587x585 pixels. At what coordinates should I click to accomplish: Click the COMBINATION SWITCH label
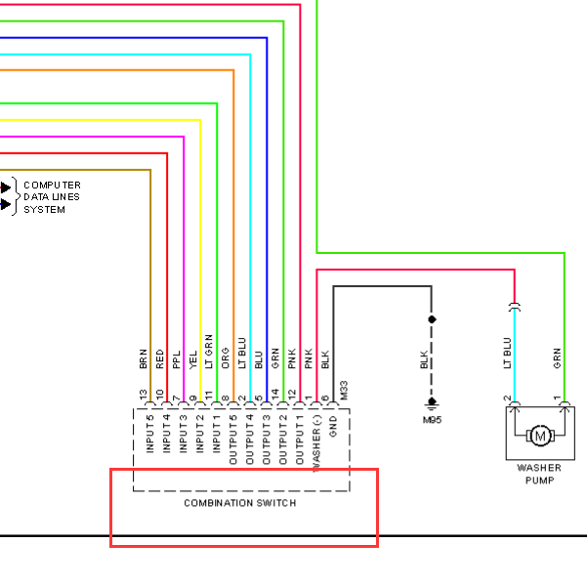pyautogui.click(x=240, y=503)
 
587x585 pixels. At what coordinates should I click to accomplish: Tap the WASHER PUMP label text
pyautogui.click(x=539, y=474)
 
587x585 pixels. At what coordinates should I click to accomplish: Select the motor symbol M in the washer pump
pyautogui.click(x=540, y=436)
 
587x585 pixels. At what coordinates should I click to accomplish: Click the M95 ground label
pyautogui.click(x=432, y=420)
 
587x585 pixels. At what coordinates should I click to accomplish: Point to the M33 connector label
pyautogui.click(x=344, y=391)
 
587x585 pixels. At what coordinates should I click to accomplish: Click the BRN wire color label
pyautogui.click(x=143, y=359)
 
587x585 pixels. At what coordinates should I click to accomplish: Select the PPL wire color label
pyautogui.click(x=177, y=359)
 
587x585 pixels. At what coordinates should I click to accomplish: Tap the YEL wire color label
pyautogui.click(x=192, y=359)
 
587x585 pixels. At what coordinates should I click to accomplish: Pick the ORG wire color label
pyautogui.click(x=226, y=358)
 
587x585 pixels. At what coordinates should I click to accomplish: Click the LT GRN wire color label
pyautogui.click(x=209, y=352)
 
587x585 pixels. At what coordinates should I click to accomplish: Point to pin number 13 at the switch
pyautogui.click(x=143, y=395)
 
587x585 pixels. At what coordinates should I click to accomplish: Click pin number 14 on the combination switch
pyautogui.click(x=275, y=394)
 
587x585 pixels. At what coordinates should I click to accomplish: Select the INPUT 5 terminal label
pyautogui.click(x=149, y=434)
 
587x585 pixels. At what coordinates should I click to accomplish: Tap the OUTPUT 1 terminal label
pyautogui.click(x=299, y=439)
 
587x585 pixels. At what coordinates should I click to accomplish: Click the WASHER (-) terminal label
pyautogui.click(x=316, y=443)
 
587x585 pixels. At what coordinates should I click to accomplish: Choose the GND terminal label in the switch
pyautogui.click(x=333, y=427)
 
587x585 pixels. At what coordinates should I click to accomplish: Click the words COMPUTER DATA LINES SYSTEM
pyautogui.click(x=52, y=197)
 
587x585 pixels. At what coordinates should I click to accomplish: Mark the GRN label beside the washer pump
pyautogui.click(x=557, y=358)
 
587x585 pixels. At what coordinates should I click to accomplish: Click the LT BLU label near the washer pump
pyautogui.click(x=507, y=353)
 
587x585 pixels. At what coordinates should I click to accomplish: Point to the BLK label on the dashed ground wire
pyautogui.click(x=424, y=359)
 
